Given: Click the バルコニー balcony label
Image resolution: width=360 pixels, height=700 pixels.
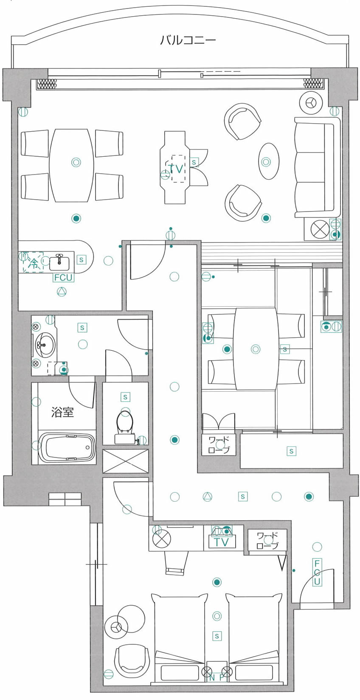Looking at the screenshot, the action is pyautogui.click(x=188, y=40).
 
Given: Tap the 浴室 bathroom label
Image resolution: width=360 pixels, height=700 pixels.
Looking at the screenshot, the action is pyautogui.click(x=62, y=412).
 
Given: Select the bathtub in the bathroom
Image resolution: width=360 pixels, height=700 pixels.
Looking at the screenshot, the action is pyautogui.click(x=67, y=447).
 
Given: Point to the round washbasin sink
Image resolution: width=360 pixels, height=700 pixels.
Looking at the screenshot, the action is pyautogui.click(x=45, y=345).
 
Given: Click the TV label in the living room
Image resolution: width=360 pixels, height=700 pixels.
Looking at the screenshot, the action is pyautogui.click(x=176, y=169).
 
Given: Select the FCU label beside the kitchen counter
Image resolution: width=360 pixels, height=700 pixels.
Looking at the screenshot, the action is pyautogui.click(x=63, y=277).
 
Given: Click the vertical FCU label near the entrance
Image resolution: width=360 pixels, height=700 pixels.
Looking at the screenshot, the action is pyautogui.click(x=317, y=573).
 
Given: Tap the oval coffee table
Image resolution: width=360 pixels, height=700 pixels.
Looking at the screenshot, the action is pyautogui.click(x=269, y=161).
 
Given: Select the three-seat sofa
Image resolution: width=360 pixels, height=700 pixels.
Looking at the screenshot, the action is pyautogui.click(x=317, y=167).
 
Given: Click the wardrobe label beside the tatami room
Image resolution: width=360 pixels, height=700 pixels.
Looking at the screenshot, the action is pyautogui.click(x=219, y=445).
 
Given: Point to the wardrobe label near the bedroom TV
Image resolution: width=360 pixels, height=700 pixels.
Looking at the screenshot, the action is pyautogui.click(x=267, y=541).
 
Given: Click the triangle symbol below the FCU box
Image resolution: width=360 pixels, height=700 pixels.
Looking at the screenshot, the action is pyautogui.click(x=62, y=292).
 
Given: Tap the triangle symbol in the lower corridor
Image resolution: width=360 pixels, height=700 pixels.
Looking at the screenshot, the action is pyautogui.click(x=208, y=496).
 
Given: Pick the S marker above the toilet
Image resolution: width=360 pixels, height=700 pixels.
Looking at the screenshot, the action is pyautogui.click(x=125, y=397).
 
